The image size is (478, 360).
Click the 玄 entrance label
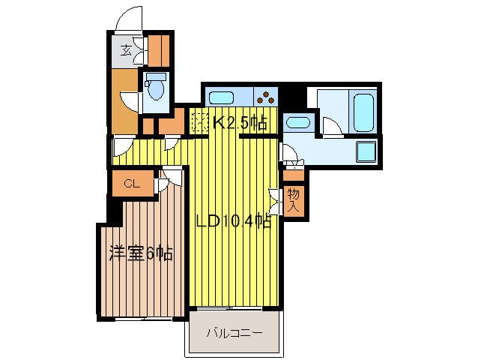[x=127, y=52]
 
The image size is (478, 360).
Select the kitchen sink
[x=222, y=97]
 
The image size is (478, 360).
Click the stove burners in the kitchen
[x=265, y=96]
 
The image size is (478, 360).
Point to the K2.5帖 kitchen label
[x=239, y=122]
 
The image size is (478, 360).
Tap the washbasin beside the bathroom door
[x=298, y=123]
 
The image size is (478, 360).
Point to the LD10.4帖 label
[x=233, y=221]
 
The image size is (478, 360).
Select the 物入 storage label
[x=294, y=200]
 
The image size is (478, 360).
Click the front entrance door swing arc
[x=128, y=19]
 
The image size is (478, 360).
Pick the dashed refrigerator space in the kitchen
[x=199, y=121]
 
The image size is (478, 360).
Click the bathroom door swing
[x=330, y=127]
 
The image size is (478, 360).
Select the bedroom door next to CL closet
[x=170, y=179]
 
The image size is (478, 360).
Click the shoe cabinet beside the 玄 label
[x=158, y=51]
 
